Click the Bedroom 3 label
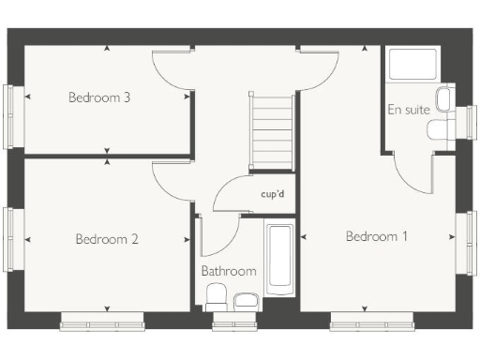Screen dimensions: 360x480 pos(99,97)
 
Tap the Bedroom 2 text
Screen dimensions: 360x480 pos(107,239)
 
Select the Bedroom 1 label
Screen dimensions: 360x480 pos(377,236)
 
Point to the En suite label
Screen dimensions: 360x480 pos(409,110)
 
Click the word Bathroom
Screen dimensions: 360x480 pos(229,271)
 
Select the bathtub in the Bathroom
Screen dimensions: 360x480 pos(280,257)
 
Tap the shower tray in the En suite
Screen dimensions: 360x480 pos(412,66)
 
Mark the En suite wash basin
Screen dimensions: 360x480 pos(445,97)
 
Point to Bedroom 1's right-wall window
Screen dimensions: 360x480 pos(467,242)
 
